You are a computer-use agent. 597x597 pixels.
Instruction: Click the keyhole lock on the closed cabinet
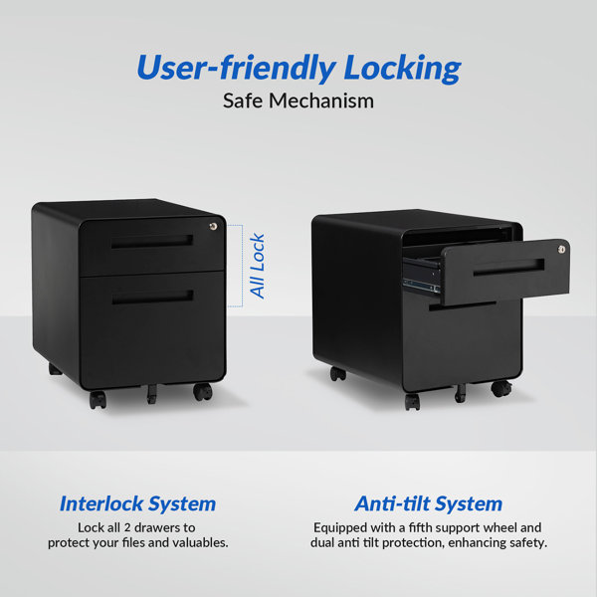coord(214,227)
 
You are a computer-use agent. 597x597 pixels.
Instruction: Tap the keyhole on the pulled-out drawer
coord(561,250)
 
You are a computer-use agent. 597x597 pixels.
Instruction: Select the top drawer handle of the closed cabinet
coord(152,242)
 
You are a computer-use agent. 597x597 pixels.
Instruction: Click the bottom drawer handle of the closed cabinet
coord(152,297)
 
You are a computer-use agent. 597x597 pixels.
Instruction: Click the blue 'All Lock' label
coord(257,266)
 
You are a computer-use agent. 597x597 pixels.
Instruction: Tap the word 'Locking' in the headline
coord(402,69)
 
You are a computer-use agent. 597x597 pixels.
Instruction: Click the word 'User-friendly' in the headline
coord(236,68)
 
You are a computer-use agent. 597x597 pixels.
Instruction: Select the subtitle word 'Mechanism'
coord(321,101)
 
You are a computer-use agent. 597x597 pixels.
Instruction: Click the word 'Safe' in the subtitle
coord(243,101)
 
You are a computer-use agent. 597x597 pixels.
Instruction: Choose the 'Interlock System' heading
coord(138,504)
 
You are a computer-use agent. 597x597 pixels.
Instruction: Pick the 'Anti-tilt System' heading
coord(428,504)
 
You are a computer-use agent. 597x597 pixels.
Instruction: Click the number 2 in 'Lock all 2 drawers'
coord(127,528)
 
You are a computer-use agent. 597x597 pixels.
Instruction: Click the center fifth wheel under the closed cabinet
coord(151,394)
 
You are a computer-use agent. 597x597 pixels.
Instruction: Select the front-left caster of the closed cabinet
coord(98,400)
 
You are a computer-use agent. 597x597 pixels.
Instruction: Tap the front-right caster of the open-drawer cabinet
coord(501,388)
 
